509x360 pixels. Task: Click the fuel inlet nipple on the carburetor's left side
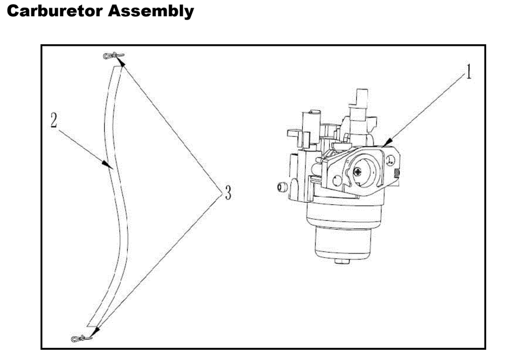280,187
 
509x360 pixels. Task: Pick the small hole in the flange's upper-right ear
389,159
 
